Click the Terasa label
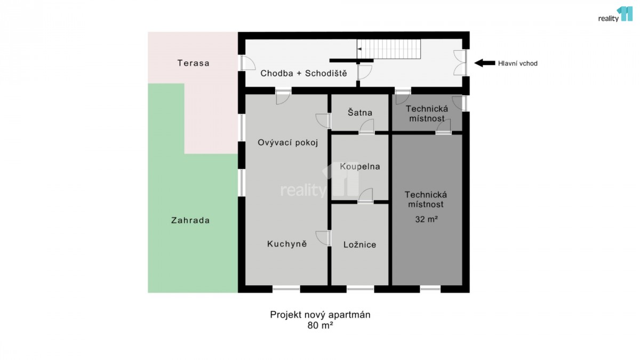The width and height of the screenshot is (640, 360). click(194, 63)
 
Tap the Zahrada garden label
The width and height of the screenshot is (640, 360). click(190, 220)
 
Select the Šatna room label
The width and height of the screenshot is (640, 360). click(360, 113)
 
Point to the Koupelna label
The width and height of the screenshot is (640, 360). click(360, 166)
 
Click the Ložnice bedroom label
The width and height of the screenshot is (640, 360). click(359, 245)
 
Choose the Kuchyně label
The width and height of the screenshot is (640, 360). click(287, 244)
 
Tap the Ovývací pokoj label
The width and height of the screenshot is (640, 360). click(287, 142)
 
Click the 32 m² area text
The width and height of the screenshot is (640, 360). click(426, 219)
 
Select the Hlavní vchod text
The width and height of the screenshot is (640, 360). click(518, 63)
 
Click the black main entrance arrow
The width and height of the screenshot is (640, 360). click(485, 63)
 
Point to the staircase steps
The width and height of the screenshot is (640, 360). click(389, 49)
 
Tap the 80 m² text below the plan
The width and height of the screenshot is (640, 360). click(321, 325)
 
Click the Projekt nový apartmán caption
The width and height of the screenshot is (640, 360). click(321, 315)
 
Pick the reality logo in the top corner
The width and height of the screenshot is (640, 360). click(615, 14)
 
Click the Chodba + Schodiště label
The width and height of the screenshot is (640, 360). click(303, 74)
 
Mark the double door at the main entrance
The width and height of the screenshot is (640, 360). click(460, 63)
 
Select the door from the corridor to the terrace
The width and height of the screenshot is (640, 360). click(247, 63)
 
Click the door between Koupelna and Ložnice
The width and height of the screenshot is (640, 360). click(365, 196)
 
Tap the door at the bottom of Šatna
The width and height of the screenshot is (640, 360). click(366, 126)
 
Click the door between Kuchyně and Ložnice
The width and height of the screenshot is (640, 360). click(323, 238)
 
